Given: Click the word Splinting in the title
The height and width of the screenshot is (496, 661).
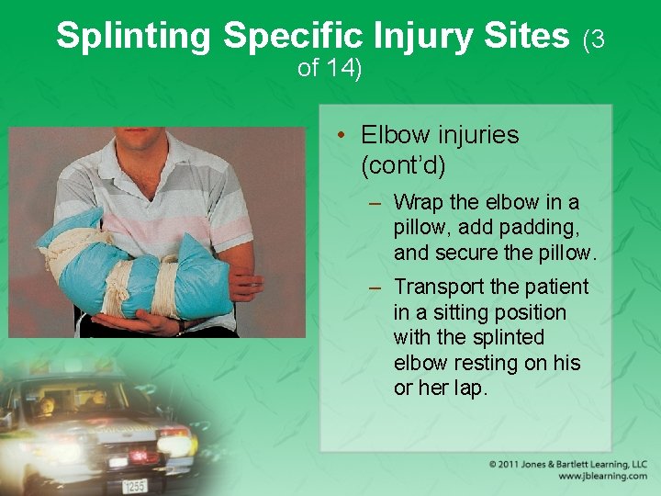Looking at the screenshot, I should [x=134, y=36].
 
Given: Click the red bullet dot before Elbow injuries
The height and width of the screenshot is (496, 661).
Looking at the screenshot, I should [x=340, y=136].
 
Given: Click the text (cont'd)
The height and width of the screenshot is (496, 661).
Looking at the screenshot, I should [x=403, y=165].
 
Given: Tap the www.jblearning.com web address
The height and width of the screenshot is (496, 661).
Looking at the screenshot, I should [x=601, y=477].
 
